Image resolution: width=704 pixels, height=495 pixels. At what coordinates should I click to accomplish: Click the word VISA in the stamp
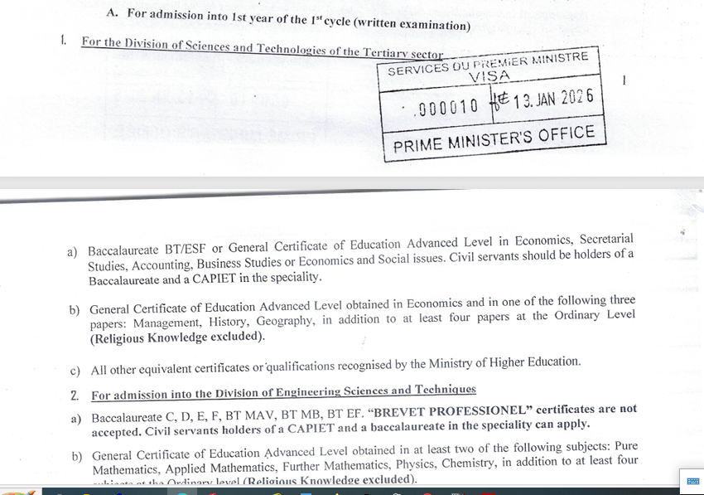click(489, 77)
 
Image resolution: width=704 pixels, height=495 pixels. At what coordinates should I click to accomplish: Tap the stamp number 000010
click(448, 107)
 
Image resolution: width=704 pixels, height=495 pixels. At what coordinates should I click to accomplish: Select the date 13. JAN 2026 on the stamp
click(553, 99)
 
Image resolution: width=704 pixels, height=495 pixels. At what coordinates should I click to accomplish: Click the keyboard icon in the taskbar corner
click(693, 481)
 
